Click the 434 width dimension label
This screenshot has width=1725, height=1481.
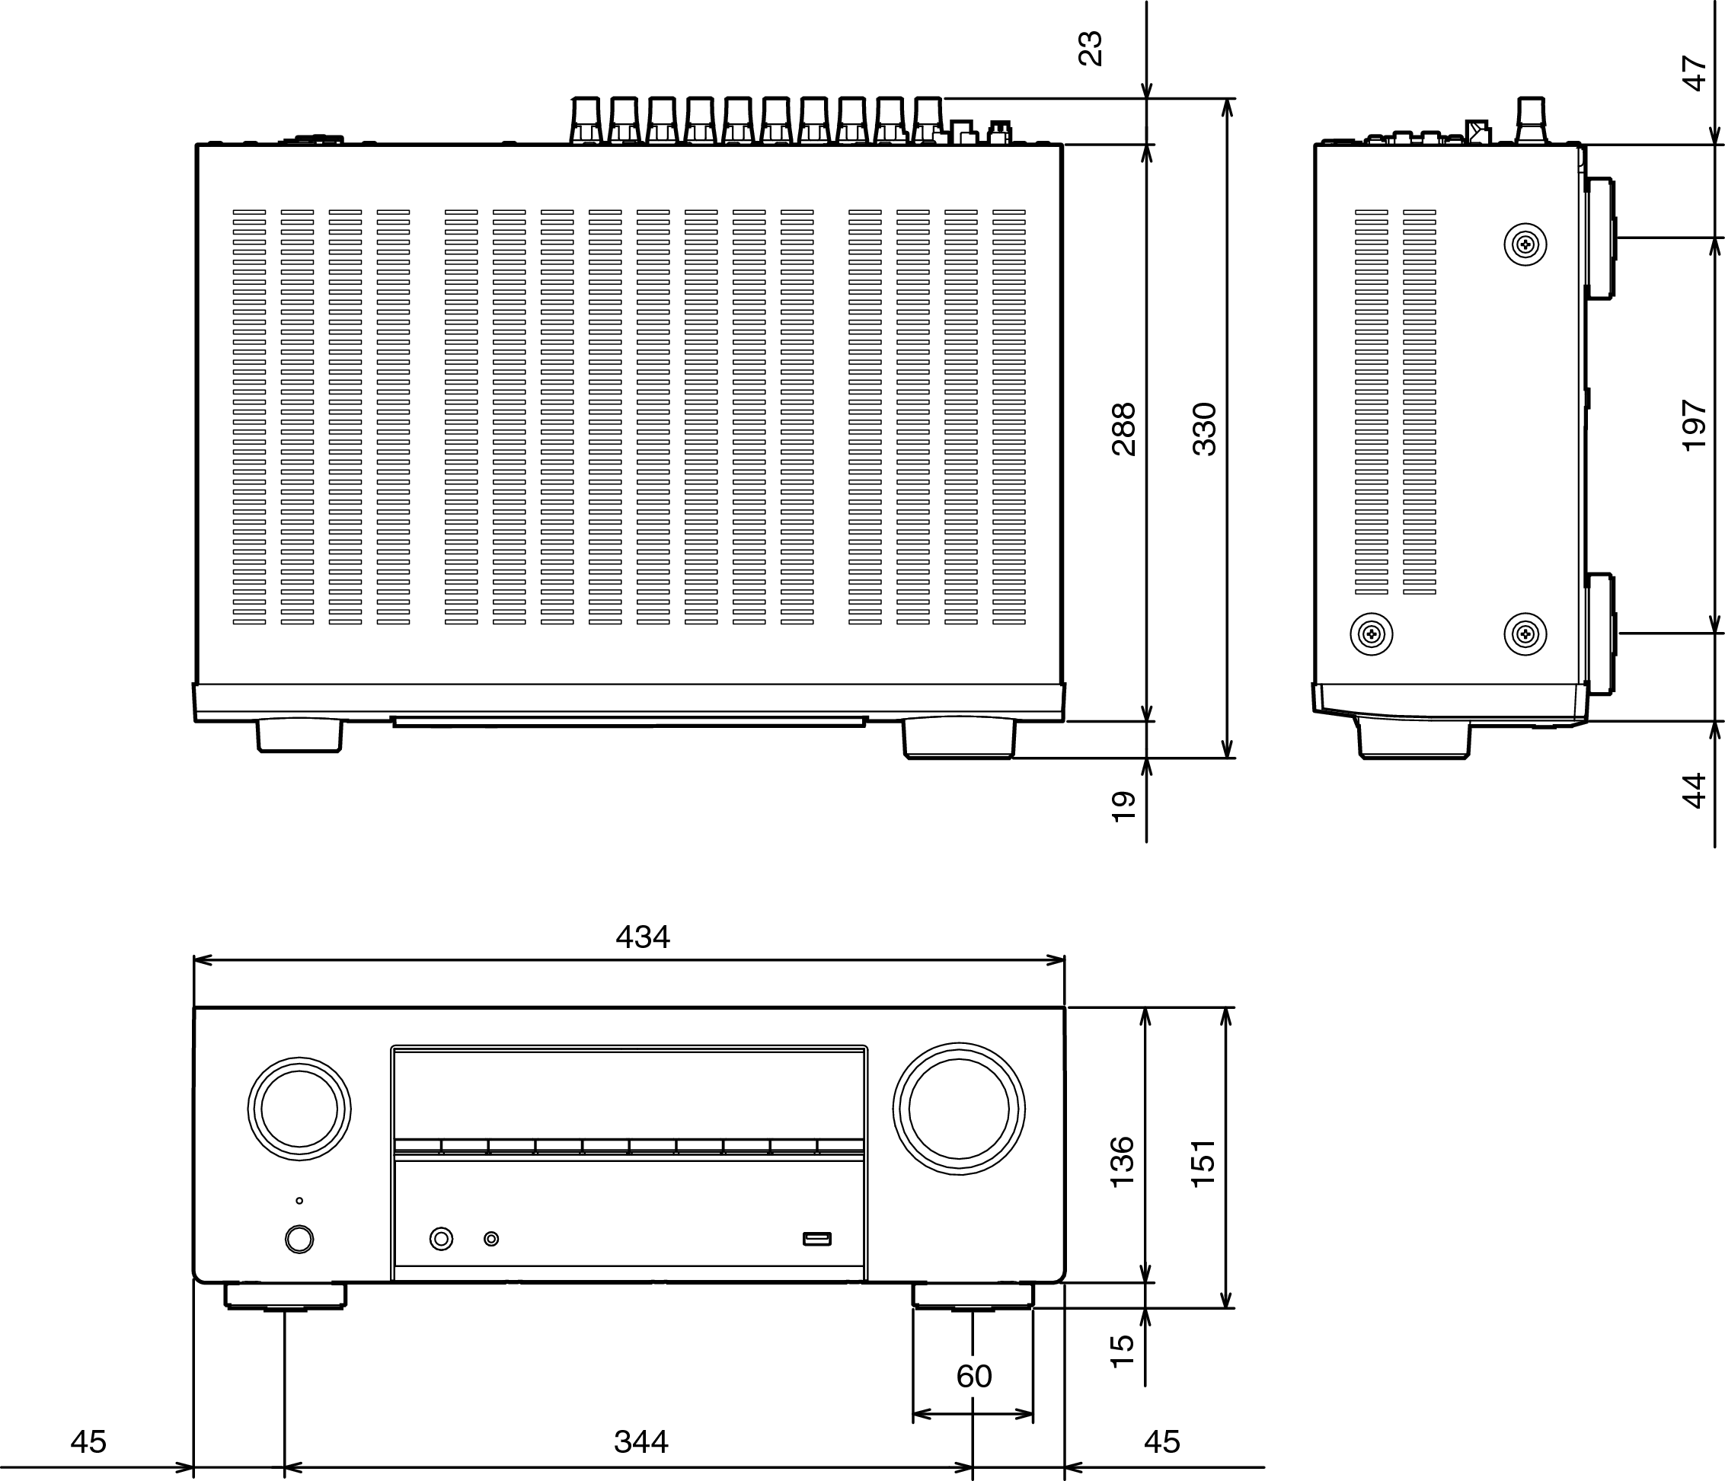pyautogui.click(x=642, y=938)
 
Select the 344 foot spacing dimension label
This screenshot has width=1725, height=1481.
pyautogui.click(x=640, y=1442)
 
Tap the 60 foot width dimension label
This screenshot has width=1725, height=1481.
pyautogui.click(x=973, y=1377)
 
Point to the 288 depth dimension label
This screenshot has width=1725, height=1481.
pyautogui.click(x=1123, y=429)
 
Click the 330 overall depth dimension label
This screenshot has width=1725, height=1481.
pyautogui.click(x=1204, y=429)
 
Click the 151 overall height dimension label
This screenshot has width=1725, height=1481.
pyautogui.click(x=1203, y=1162)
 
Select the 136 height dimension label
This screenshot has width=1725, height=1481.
pyautogui.click(x=1123, y=1161)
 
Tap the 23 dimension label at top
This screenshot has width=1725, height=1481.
pyautogui.click(x=1090, y=48)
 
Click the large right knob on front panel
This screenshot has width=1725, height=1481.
pyautogui.click(x=958, y=1109)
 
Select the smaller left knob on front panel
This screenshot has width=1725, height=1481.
pyautogui.click(x=299, y=1109)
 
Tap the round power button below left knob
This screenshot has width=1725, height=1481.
pyautogui.click(x=299, y=1239)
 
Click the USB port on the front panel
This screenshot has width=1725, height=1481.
pyautogui.click(x=816, y=1239)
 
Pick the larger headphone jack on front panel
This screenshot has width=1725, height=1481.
pyautogui.click(x=441, y=1239)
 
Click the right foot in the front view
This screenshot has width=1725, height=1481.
pyautogui.click(x=973, y=1296)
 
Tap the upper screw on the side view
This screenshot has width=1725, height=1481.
pyautogui.click(x=1525, y=244)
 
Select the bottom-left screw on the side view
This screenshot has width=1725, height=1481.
pyautogui.click(x=1370, y=634)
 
